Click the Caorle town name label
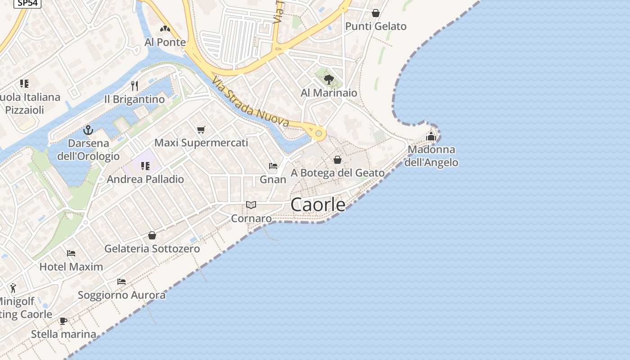318,205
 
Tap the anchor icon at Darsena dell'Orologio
88,130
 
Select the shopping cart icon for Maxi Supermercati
201,130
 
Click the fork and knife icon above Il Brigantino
134,85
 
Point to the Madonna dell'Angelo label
431,156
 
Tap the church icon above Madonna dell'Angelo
431,136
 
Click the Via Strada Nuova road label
251,103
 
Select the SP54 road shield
27,3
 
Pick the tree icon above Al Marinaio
329,80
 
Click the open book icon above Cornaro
251,205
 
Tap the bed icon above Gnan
273,166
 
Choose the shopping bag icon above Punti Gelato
376,13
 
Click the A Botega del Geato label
337,173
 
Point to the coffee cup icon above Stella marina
63,321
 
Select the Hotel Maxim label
71,266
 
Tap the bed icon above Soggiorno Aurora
121,282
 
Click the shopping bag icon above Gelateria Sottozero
152,235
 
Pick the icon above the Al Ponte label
165,29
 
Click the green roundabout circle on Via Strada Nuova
319,133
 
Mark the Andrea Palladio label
145,179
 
